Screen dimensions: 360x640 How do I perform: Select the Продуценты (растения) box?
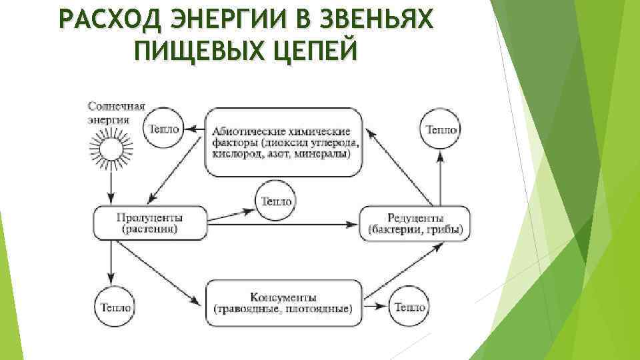click(x=150, y=223)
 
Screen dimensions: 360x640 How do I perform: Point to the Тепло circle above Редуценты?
click(x=441, y=129)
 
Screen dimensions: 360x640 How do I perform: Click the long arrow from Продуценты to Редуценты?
click(x=287, y=225)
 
